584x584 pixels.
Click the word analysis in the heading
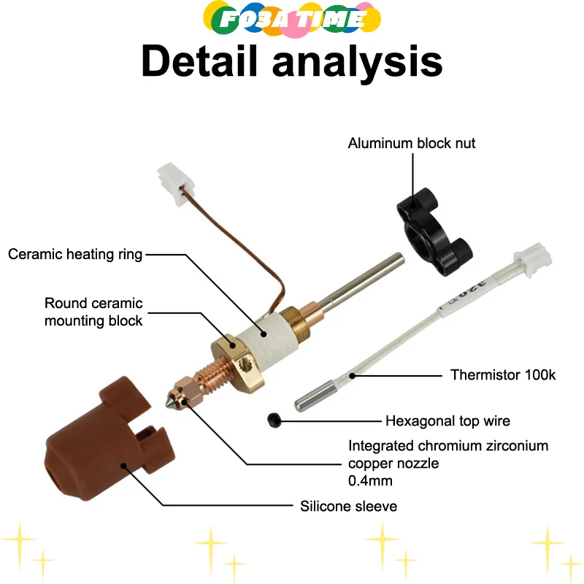tap(357, 62)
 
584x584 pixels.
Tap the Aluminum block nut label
tap(411, 143)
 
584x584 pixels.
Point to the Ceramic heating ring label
tap(75, 254)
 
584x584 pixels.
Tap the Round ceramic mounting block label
tap(93, 312)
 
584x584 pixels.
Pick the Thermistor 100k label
tap(503, 375)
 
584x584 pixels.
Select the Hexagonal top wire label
tap(447, 420)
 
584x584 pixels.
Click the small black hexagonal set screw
tap(274, 420)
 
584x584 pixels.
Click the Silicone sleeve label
tap(349, 505)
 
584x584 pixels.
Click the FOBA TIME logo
tap(292, 18)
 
